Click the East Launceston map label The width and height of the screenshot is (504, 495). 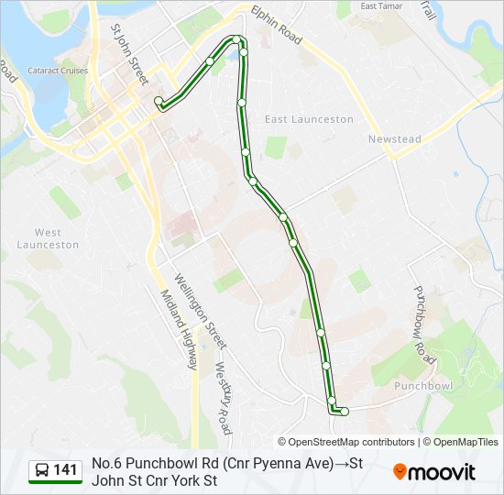(x=309, y=119)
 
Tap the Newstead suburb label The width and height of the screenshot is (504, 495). (x=394, y=139)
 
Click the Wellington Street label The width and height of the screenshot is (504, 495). (x=200, y=311)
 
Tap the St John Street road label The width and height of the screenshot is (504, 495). (x=129, y=54)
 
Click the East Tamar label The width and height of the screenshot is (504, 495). (x=382, y=6)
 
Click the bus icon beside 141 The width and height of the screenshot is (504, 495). (x=41, y=471)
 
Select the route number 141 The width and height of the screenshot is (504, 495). (x=65, y=471)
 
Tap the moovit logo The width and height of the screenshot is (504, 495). (x=434, y=472)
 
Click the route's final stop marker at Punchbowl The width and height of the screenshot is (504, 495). (x=345, y=412)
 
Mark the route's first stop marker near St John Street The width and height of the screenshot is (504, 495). (x=159, y=101)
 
